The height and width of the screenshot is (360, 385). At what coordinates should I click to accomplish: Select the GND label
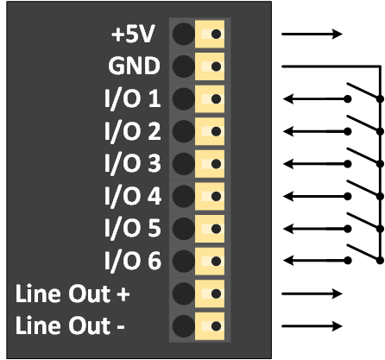pyautogui.click(x=135, y=66)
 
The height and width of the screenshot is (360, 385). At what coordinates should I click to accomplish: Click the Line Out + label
pyautogui.click(x=73, y=294)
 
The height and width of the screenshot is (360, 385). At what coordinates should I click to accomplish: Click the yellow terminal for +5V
pyautogui.click(x=211, y=35)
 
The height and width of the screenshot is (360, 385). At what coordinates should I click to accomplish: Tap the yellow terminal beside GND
pyautogui.click(x=211, y=66)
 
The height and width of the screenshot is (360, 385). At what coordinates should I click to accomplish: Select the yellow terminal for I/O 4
pyautogui.click(x=211, y=196)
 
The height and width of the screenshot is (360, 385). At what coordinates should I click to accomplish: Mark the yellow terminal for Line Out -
pyautogui.click(x=211, y=326)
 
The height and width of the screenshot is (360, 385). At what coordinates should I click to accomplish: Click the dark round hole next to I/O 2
pyautogui.click(x=183, y=131)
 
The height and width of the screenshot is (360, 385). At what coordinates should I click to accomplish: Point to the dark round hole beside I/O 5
pyautogui.click(x=183, y=229)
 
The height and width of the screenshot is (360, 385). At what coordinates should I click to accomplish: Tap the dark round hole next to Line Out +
pyautogui.click(x=183, y=294)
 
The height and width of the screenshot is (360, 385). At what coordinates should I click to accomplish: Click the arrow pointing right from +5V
pyautogui.click(x=312, y=35)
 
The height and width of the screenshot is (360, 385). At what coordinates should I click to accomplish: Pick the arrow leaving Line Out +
pyautogui.click(x=312, y=294)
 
